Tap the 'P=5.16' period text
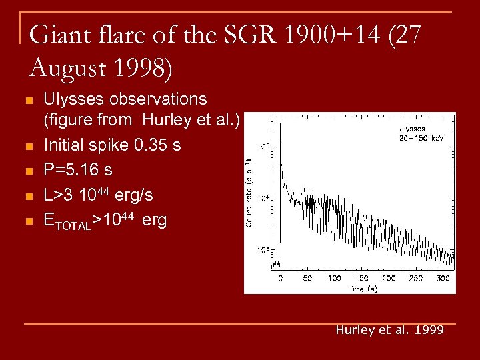tap(70, 169)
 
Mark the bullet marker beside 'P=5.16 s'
tap(27, 171)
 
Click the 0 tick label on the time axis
tap(280, 278)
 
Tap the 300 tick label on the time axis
tap(442, 278)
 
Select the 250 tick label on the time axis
tap(415, 278)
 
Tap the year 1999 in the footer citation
tap(429, 330)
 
